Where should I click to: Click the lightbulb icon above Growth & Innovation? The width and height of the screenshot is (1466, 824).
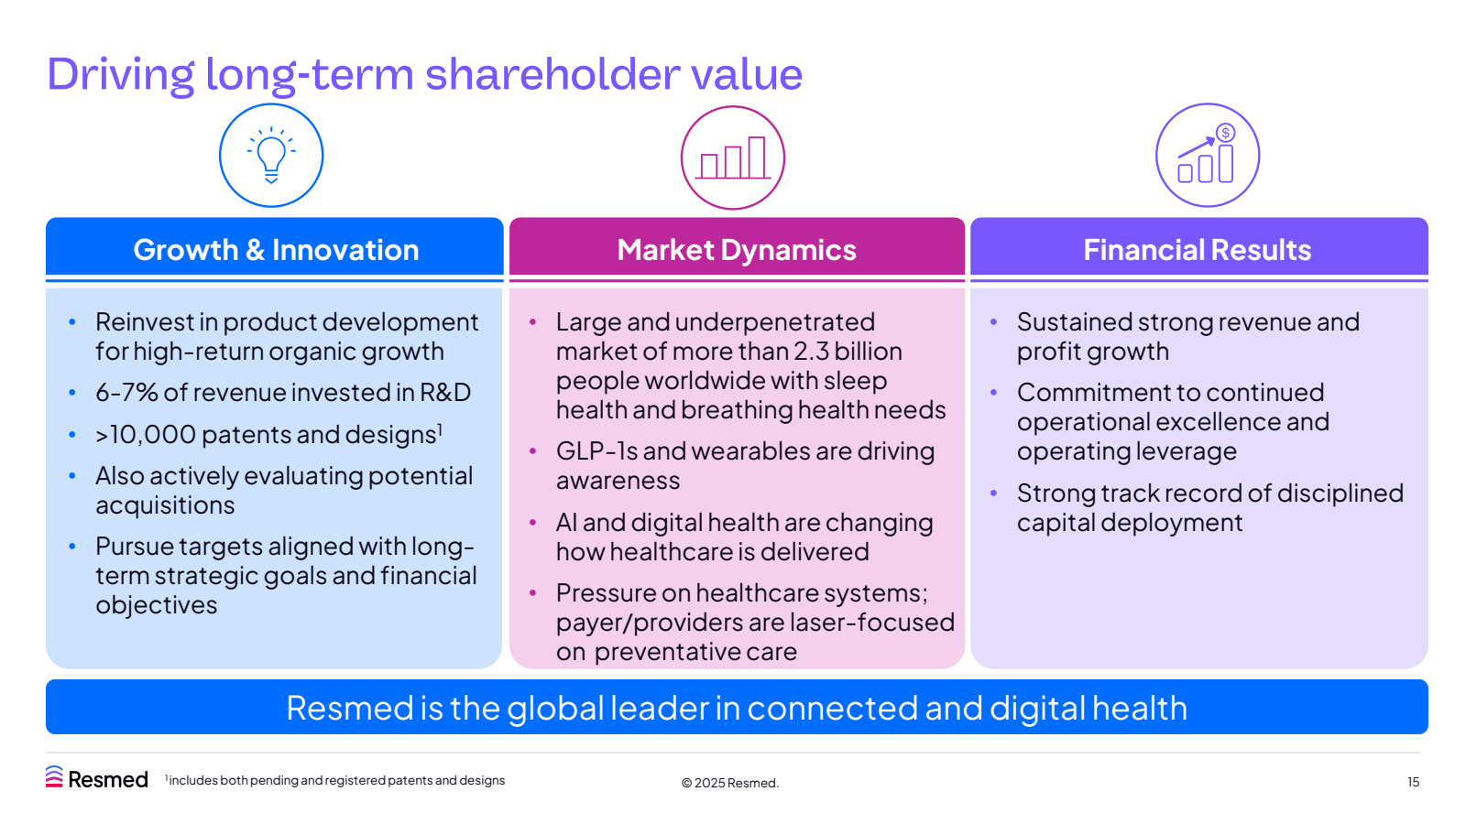tap(271, 156)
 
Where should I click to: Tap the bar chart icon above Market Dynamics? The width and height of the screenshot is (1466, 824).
tap(733, 157)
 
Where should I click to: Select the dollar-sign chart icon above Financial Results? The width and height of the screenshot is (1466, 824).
tap(1208, 156)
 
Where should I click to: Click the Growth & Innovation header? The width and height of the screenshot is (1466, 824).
tap(275, 250)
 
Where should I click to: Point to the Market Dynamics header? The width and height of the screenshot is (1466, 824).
tap(737, 250)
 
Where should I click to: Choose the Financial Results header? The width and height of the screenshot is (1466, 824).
tap(1198, 250)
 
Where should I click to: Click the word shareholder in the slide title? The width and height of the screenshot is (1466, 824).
tap(551, 74)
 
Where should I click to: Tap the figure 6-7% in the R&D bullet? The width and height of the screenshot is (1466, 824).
tap(126, 393)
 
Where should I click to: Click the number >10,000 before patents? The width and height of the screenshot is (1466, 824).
tap(145, 435)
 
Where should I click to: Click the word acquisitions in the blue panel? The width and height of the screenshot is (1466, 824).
tap(165, 505)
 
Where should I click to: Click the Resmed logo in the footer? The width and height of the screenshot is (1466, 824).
tap(97, 778)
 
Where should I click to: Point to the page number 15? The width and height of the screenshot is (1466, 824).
tap(1413, 782)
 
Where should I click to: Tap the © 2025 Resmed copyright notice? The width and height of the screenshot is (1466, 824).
tap(729, 783)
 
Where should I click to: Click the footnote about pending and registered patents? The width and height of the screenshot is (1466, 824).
tap(335, 780)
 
